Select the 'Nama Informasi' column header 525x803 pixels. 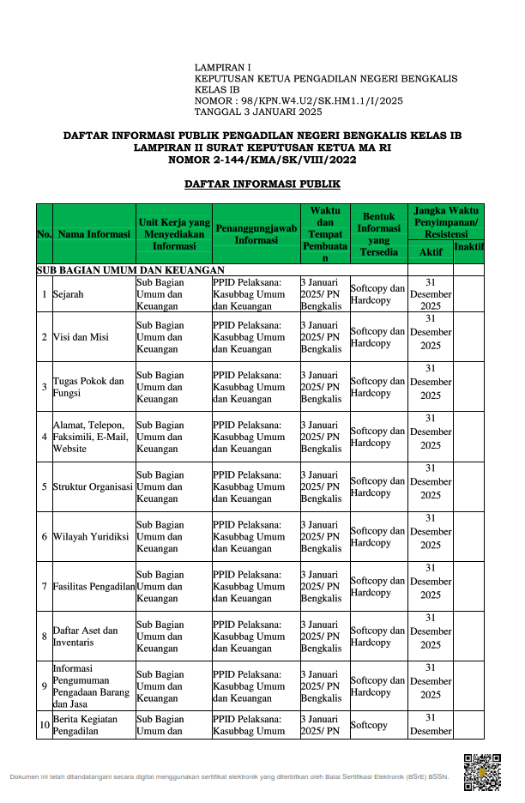coord(94,233)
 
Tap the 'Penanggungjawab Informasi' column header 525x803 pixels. coord(256,233)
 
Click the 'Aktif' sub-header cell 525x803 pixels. coord(431,252)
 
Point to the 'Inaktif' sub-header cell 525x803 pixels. coord(468,247)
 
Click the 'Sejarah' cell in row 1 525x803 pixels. coord(69,294)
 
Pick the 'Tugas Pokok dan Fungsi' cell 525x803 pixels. coord(88,387)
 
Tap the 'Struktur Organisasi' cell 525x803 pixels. coord(93,486)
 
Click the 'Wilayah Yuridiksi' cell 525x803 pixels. coord(90,536)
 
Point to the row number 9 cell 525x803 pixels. coord(44,685)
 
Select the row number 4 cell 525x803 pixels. coord(44,437)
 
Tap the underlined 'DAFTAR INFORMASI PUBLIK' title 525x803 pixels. coord(262,184)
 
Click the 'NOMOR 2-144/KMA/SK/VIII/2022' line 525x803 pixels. coord(262,160)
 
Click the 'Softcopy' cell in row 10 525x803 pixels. coord(369,725)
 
